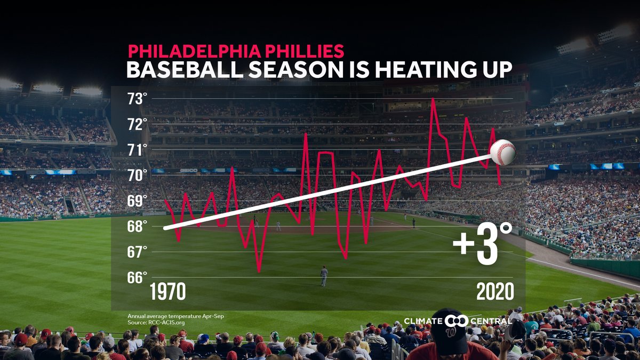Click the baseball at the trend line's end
click(x=503, y=153)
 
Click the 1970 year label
click(x=167, y=292)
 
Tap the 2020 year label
click(x=495, y=292)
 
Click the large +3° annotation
click(x=482, y=244)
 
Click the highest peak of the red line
click(x=433, y=99)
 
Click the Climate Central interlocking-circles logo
click(x=457, y=321)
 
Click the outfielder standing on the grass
click(x=324, y=276)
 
